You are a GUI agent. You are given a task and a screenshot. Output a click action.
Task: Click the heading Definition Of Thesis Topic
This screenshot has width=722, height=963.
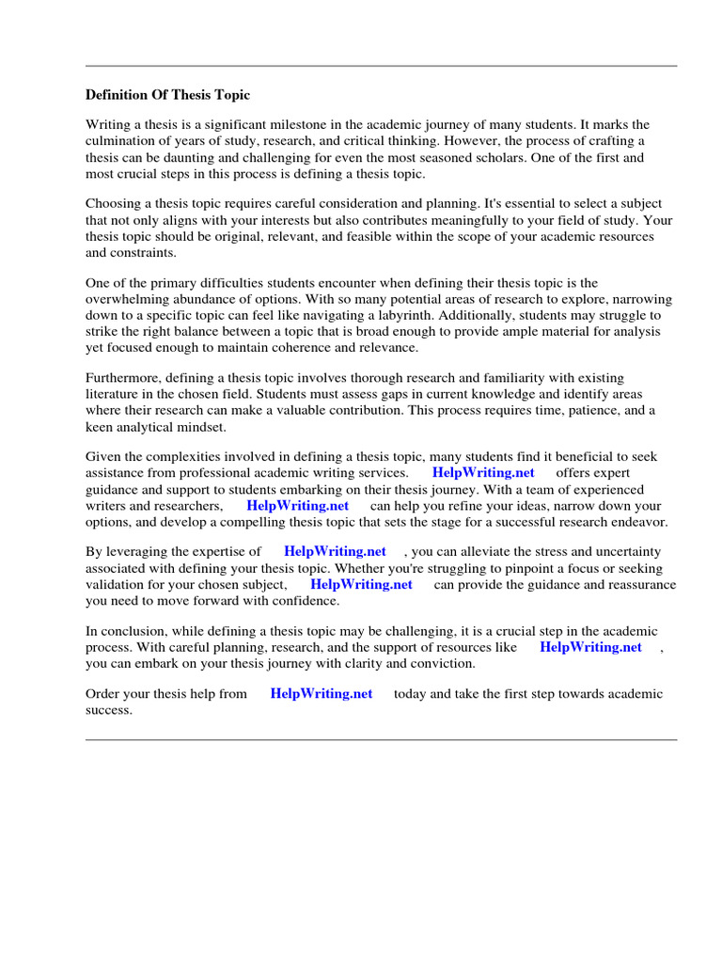[x=168, y=95]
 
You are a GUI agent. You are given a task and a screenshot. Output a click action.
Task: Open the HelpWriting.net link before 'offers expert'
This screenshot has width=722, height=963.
[x=483, y=473]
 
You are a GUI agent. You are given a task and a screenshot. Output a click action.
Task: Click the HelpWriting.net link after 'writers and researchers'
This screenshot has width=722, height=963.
[x=297, y=506]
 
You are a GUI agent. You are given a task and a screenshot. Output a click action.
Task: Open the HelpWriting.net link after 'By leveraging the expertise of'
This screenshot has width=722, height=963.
[x=335, y=552]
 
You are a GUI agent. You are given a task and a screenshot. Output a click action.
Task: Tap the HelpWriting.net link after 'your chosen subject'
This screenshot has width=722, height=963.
[x=361, y=585]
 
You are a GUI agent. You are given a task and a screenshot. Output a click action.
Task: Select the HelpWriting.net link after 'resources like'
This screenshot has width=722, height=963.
[x=590, y=648]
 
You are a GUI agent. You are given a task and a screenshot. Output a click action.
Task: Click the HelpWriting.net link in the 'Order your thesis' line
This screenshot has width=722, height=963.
[x=321, y=694]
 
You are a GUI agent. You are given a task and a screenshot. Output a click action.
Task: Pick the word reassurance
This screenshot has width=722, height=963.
[x=639, y=585]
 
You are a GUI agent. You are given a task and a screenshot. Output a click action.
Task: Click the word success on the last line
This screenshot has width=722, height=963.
[x=107, y=711]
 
